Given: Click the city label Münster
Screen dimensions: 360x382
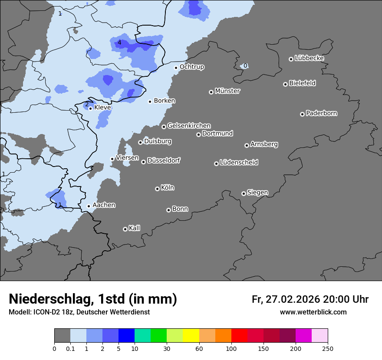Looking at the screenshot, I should [x=227, y=91].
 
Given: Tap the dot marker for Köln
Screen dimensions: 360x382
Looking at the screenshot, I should [x=157, y=189].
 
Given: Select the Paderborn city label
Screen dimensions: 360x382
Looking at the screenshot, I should [x=321, y=113].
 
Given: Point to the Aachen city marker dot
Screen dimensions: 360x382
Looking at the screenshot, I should [x=89, y=206].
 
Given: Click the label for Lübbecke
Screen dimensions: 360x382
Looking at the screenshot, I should [x=309, y=58].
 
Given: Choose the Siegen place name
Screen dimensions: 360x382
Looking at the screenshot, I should [x=257, y=193].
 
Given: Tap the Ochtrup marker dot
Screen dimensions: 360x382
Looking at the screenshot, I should [x=176, y=68].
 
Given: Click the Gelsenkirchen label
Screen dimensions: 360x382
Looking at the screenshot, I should [x=189, y=126].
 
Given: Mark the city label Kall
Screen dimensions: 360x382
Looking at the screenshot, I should [x=134, y=228].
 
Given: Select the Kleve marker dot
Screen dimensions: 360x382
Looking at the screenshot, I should [x=90, y=108].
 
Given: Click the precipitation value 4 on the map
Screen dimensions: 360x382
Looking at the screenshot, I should [x=119, y=43].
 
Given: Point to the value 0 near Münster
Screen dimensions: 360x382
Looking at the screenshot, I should [x=245, y=66].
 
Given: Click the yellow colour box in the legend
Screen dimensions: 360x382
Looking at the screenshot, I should [x=191, y=336].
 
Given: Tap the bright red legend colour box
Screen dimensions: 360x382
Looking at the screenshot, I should [x=239, y=336].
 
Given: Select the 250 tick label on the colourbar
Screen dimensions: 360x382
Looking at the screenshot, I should [x=328, y=349].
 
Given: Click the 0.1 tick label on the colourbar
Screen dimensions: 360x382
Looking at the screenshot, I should [x=70, y=349].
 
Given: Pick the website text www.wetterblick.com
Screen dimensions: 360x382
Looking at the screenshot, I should [x=313, y=312].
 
